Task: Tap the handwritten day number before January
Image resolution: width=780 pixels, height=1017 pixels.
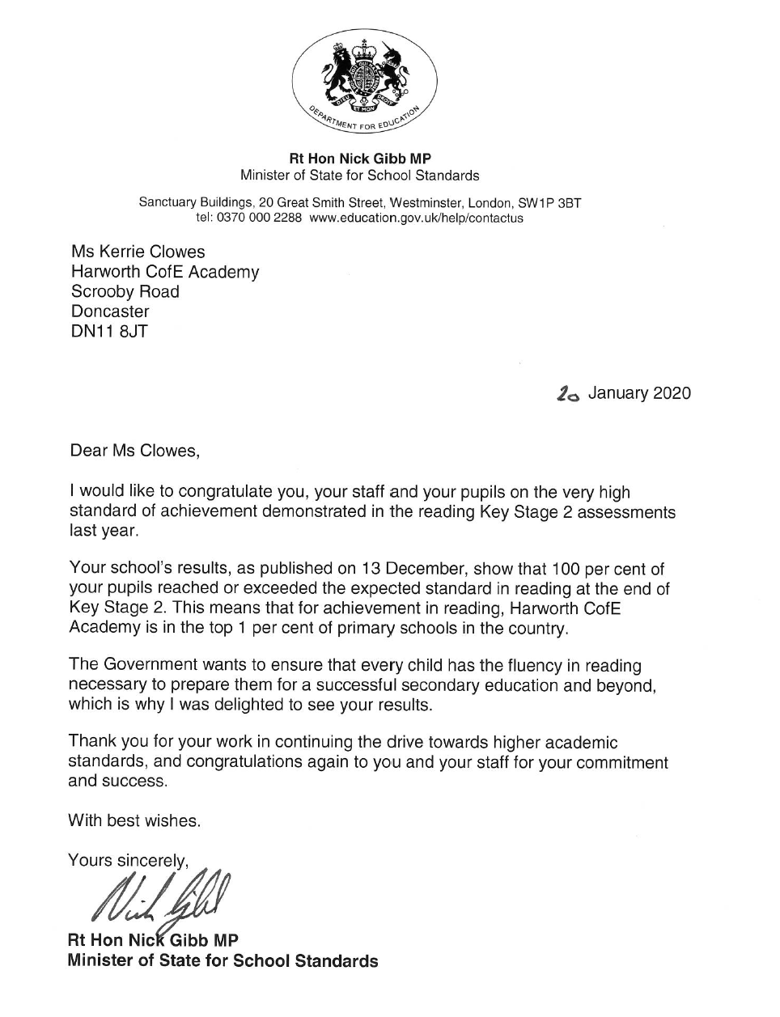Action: coord(569,394)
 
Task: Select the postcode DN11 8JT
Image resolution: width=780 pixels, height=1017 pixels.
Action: coord(109,331)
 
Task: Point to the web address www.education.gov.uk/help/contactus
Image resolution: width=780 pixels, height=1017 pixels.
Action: coord(416,218)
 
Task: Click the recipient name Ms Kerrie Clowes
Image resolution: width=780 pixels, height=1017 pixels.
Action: coord(138,252)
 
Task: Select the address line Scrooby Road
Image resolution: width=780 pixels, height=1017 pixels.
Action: coord(125,291)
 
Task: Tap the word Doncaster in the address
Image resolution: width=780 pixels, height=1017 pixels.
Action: coord(110,311)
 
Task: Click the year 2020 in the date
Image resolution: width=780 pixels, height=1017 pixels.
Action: coord(672,393)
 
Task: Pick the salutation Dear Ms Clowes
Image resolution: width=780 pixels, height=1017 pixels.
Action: coord(134,451)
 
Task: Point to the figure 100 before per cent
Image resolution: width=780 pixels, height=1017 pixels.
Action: coord(564,569)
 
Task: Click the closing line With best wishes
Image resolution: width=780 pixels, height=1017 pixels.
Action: coord(134,820)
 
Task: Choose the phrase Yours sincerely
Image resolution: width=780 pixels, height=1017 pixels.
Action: coord(129,860)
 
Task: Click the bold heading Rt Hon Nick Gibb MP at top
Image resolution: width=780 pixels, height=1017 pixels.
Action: coord(360,159)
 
